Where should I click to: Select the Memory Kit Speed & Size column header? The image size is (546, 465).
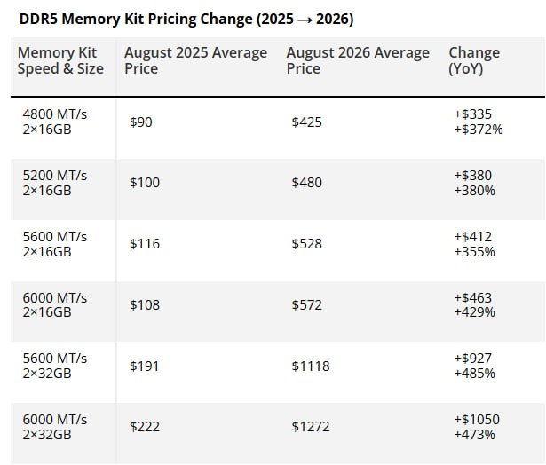pos(60,60)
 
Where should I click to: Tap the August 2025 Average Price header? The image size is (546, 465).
pos(195,60)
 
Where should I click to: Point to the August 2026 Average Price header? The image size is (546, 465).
pos(358,60)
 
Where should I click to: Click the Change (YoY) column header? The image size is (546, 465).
pos(474,60)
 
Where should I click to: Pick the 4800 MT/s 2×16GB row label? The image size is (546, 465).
pos(55,122)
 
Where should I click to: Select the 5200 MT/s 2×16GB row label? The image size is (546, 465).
pos(55,183)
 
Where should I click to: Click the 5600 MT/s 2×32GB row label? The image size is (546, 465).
pos(55,366)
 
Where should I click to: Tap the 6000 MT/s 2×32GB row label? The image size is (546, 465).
pos(55,427)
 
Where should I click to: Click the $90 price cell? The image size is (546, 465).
pos(140,122)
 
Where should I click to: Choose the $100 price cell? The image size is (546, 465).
pos(145,183)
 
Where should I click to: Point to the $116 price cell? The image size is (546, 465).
pos(145,244)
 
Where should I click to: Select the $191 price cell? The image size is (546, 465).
pos(144,366)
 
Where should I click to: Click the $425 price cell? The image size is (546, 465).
pos(307,122)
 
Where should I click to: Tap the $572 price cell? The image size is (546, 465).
pos(307,305)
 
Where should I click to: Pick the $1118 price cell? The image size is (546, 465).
pos(311,366)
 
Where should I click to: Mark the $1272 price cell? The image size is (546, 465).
pos(311,427)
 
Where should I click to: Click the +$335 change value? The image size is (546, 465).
pos(472,114)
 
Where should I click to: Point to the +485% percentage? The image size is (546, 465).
pos(474,374)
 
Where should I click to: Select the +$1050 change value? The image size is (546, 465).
pos(477,420)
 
